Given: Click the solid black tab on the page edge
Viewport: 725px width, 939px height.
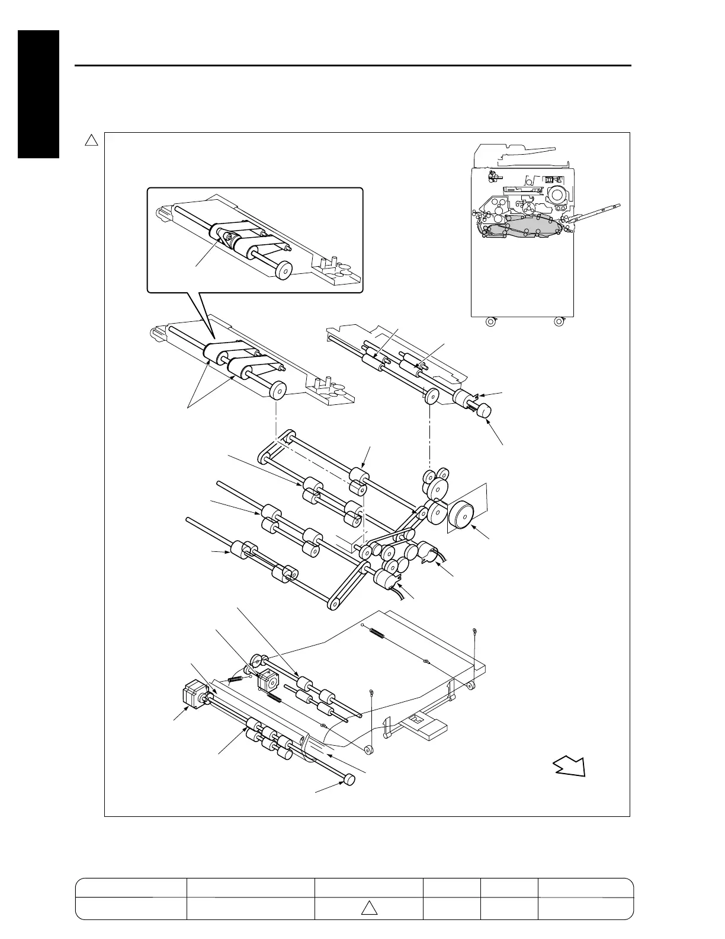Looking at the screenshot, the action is (38, 94).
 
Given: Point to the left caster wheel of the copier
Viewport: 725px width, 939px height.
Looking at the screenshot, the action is (490, 322).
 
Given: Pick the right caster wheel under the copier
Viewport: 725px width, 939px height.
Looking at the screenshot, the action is (557, 322).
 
